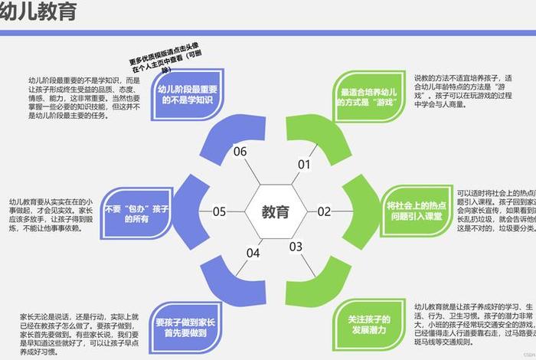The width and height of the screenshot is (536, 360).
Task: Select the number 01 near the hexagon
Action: pyautogui.click(x=304, y=164)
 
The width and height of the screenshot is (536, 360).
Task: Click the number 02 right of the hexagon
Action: pyautogui.click(x=324, y=211)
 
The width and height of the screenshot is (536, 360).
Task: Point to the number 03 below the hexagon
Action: pyautogui.click(x=296, y=246)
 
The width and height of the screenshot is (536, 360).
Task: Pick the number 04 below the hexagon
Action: pyautogui.click(x=253, y=253)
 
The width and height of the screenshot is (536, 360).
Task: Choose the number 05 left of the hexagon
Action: pyautogui.click(x=219, y=212)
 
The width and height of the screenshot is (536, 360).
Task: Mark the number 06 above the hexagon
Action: pyautogui.click(x=240, y=151)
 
